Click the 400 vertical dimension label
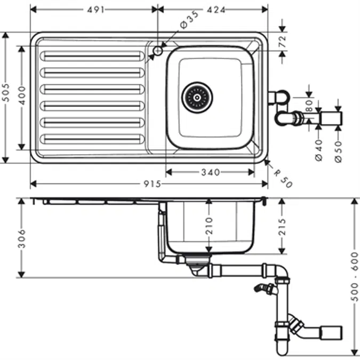pyautogui.click(x=22, y=96)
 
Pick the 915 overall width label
pyautogui.click(x=152, y=184)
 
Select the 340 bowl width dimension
pyautogui.click(x=211, y=172)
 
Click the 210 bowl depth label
pyautogui.click(x=209, y=226)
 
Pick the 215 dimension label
pyautogui.click(x=283, y=227)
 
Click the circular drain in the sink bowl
pyautogui.click(x=197, y=98)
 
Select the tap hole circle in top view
pyautogui.click(x=158, y=50)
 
